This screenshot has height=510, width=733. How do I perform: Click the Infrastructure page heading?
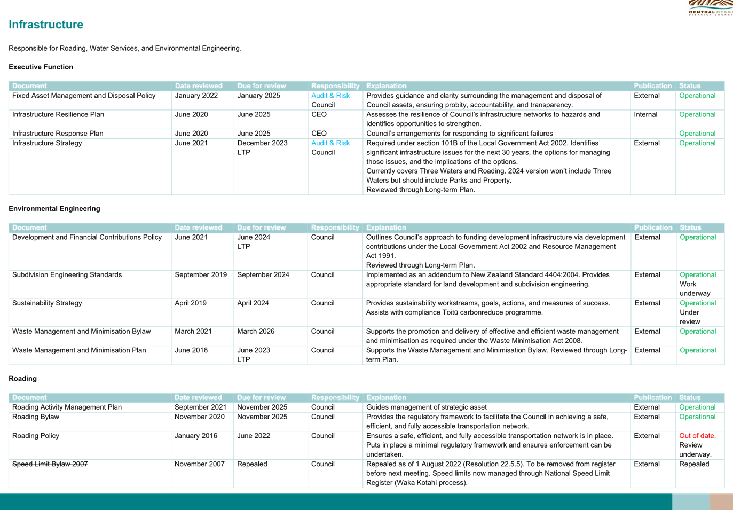(46, 25)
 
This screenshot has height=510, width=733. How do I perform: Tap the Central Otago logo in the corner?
(711, 8)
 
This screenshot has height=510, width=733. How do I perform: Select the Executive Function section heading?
(41, 67)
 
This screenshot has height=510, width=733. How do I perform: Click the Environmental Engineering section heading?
(54, 208)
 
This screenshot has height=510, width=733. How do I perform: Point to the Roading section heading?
(22, 379)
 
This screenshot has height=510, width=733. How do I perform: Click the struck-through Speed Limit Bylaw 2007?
(50, 464)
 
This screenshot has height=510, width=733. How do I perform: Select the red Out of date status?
(697, 436)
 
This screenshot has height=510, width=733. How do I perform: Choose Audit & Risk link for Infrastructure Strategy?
(330, 143)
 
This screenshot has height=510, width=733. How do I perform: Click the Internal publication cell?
(645, 115)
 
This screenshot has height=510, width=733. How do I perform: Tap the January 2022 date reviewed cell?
(196, 96)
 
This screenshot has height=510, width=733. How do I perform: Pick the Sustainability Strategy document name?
(47, 303)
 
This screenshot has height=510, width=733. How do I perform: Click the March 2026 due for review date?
(256, 331)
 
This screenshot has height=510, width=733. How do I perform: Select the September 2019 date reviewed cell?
(201, 275)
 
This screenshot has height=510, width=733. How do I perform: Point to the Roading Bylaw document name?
(36, 417)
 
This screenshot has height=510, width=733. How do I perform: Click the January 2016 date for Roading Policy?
(196, 436)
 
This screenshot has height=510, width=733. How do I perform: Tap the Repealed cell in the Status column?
(694, 464)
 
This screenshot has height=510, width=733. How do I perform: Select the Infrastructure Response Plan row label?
(58, 134)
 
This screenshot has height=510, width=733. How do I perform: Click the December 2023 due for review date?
(263, 143)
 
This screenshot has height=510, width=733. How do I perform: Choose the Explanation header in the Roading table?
(386, 397)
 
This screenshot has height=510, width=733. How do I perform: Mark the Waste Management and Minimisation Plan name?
(79, 350)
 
